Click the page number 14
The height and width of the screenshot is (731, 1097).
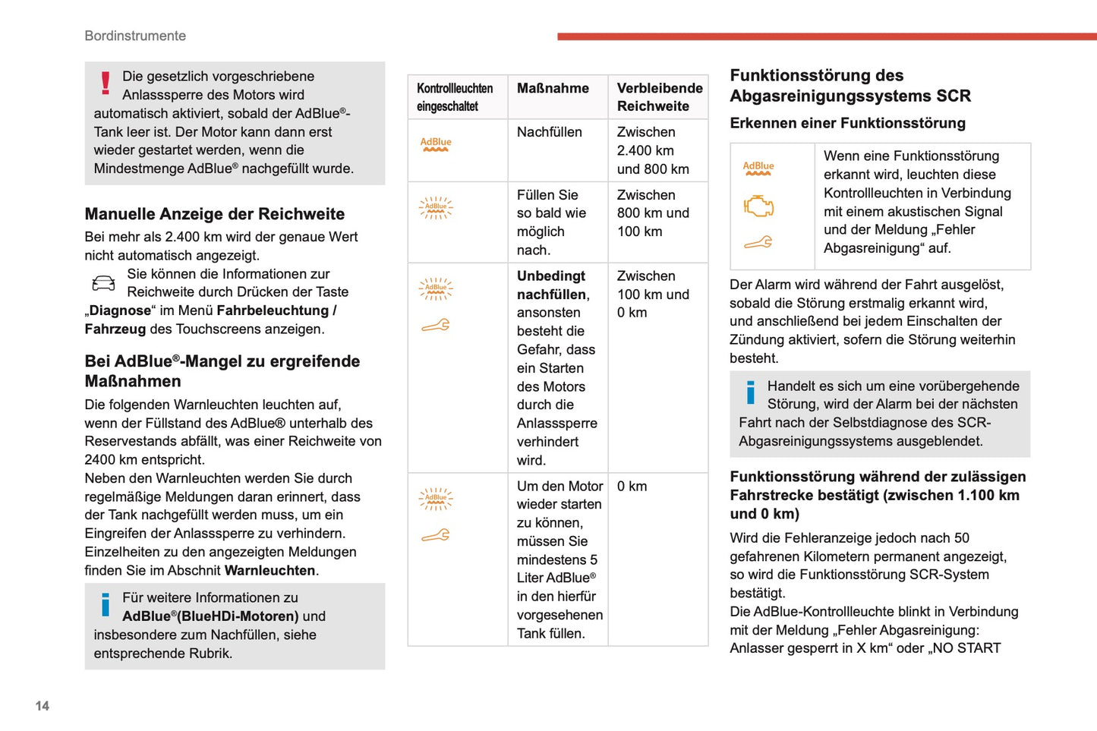click(x=42, y=706)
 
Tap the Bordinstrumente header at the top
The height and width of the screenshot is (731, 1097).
click(x=135, y=36)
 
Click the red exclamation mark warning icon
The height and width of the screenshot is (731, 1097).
click(x=106, y=83)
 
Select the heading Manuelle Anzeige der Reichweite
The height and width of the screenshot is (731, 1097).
click(x=214, y=214)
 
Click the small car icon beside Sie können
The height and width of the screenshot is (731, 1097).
click(x=103, y=283)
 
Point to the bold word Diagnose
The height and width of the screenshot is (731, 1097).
click(x=120, y=310)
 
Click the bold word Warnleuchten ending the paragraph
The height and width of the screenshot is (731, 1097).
click(x=270, y=570)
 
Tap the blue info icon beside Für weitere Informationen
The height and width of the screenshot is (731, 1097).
click(x=106, y=604)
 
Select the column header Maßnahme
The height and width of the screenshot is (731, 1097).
click(x=553, y=88)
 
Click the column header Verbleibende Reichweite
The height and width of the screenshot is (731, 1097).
click(x=659, y=97)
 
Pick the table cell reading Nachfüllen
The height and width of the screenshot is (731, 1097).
click(x=549, y=132)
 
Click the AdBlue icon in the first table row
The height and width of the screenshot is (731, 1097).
click(x=436, y=143)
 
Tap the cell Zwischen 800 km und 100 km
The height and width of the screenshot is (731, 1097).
click(x=653, y=213)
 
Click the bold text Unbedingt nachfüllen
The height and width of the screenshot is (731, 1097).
click(x=552, y=285)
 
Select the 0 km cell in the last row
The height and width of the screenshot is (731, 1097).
click(x=632, y=487)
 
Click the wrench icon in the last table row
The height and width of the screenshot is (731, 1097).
click(x=436, y=536)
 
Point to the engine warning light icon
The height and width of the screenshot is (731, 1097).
click(x=758, y=206)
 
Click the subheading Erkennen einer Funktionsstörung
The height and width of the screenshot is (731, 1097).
click(x=847, y=123)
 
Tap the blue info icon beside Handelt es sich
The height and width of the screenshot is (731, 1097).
click(x=750, y=392)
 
